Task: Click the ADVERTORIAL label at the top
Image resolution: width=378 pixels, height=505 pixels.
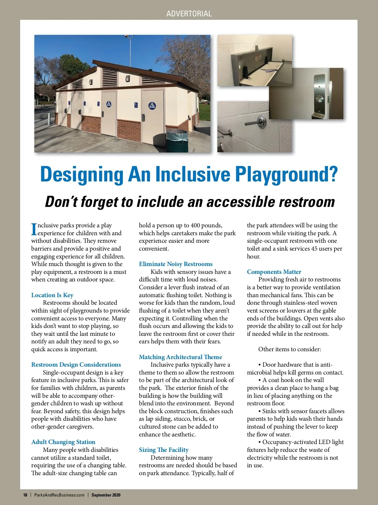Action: coord(189,14)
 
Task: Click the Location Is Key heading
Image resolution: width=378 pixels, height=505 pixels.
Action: coord(52,295)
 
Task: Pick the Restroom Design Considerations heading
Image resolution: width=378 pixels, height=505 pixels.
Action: coord(76,364)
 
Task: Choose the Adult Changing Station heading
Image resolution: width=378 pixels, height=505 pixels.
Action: coord(63,442)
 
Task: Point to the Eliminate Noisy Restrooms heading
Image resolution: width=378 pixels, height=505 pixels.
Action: coord(176,264)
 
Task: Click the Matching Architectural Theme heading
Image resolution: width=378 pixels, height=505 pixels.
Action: coord(180,357)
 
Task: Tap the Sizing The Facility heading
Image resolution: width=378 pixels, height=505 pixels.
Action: coord(164,450)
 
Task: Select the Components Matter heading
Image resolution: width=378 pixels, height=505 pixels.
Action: coord(274,272)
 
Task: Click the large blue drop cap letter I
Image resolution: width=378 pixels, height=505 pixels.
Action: coord(34,229)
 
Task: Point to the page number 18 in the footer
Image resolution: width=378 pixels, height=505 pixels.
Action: coord(25,495)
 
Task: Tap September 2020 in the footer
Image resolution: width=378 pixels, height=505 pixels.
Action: coord(106,495)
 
